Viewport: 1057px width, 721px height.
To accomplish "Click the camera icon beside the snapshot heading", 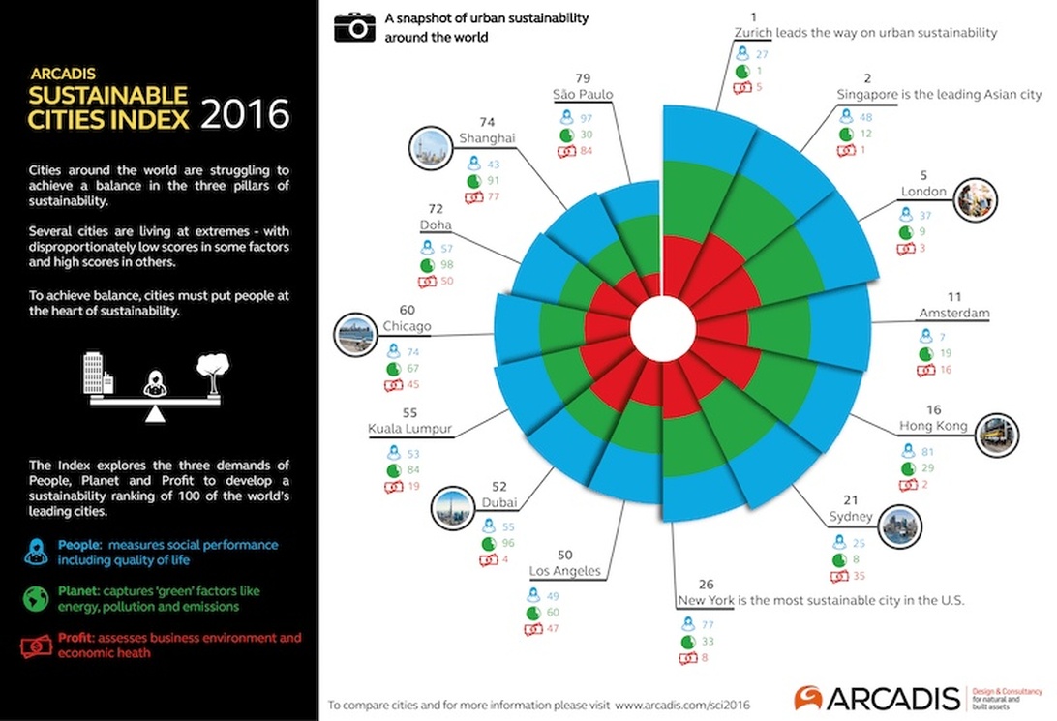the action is point(354,27).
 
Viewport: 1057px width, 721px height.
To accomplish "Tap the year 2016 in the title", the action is point(246,114).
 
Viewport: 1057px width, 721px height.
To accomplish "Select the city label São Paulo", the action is point(583,94).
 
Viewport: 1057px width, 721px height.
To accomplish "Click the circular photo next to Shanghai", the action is point(430,147).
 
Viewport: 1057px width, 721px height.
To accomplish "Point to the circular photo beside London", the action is point(976,199).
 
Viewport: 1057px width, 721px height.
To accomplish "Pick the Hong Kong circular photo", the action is point(997,435).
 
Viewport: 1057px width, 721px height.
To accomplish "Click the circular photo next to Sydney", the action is point(900,526).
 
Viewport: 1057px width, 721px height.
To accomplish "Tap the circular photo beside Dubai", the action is point(453,508).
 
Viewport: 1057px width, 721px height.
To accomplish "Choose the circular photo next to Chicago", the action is point(355,334).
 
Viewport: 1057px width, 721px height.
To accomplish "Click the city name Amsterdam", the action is point(954,313).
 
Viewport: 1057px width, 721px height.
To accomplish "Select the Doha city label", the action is point(436,225).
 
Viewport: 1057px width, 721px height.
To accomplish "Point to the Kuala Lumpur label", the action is point(409,429).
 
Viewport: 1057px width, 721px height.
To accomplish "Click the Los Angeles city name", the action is point(565,571).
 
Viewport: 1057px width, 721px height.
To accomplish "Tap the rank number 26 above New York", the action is point(706,585).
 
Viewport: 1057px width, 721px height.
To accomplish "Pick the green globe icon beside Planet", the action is point(36,598).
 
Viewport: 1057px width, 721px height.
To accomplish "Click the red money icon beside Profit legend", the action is point(37,646).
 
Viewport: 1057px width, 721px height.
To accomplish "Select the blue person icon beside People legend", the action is point(37,552).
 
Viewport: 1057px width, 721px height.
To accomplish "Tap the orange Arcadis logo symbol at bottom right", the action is point(808,698).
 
